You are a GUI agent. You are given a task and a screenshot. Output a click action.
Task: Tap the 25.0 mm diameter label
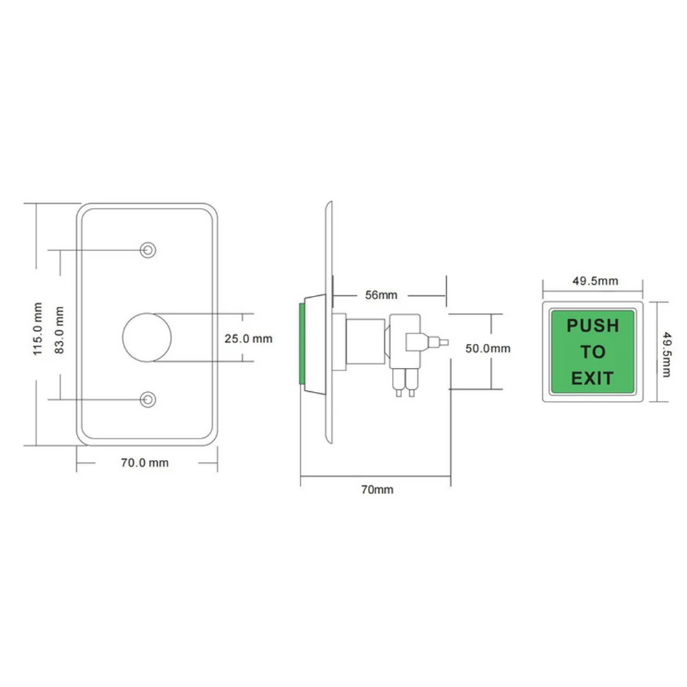pos(248,338)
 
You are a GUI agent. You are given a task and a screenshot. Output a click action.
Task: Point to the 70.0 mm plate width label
pos(145,463)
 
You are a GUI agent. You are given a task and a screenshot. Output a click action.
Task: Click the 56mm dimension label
pos(381,295)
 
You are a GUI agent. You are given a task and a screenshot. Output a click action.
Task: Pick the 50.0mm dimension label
pos(487,349)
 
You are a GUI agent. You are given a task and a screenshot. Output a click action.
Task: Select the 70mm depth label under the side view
pos(377,489)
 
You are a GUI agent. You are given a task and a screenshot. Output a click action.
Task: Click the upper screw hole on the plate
pos(147,250)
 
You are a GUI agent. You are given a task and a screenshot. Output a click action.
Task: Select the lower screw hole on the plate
pos(147,399)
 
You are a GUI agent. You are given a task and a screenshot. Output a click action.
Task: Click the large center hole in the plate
pos(145,337)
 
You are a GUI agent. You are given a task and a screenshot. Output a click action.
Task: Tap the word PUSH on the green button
pos(592,325)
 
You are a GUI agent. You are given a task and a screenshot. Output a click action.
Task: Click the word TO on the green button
pos(592,352)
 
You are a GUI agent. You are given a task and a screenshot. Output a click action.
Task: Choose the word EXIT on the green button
pos(592,377)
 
